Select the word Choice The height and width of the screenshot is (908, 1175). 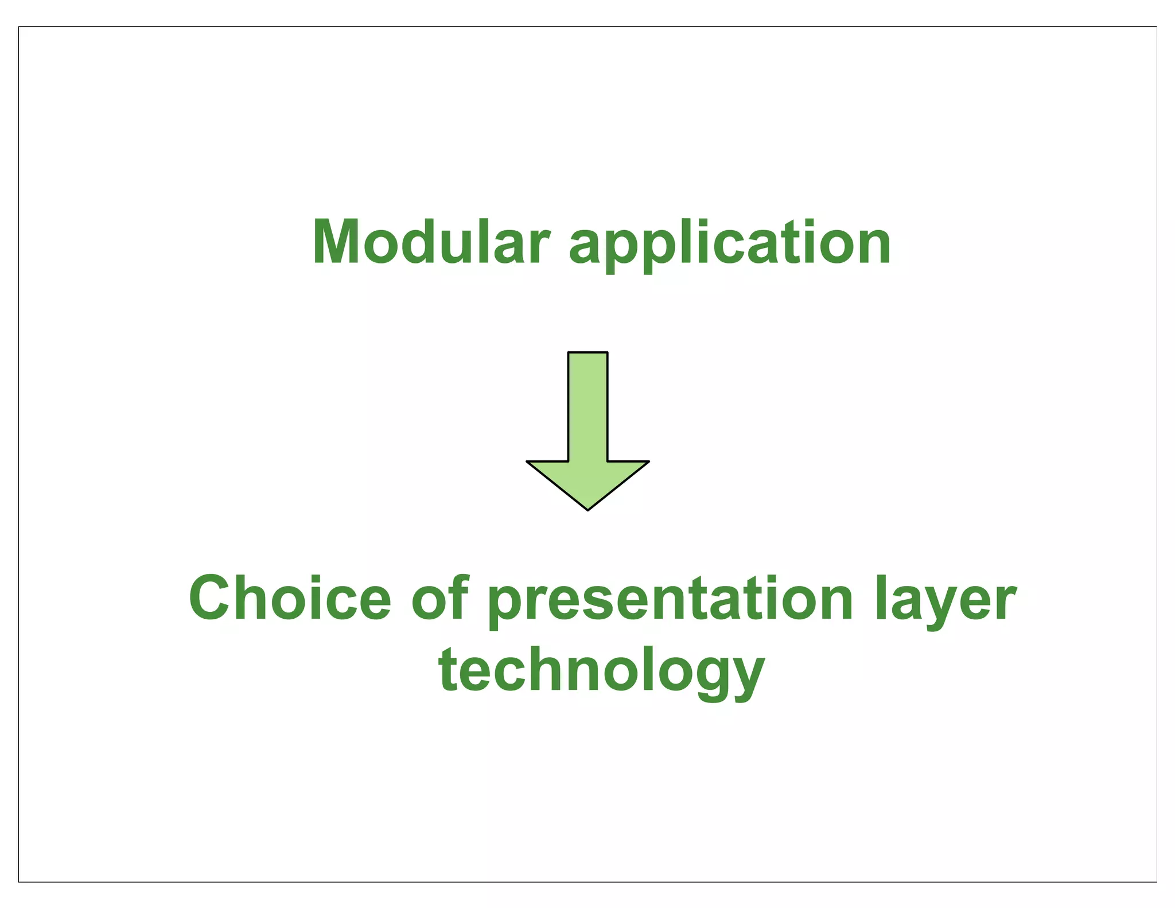(x=290, y=599)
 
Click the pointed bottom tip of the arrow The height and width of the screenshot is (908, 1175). (x=587, y=509)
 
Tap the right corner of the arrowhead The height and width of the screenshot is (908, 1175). (x=647, y=461)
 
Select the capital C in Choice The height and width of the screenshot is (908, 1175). (x=213, y=599)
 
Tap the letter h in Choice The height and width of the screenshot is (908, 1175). (x=254, y=597)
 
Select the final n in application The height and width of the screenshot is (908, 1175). (x=871, y=249)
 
